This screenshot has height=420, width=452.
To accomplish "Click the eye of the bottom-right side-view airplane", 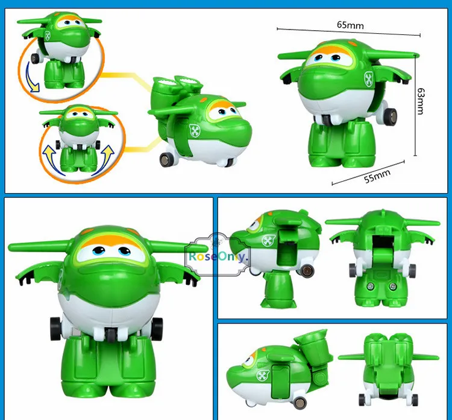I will click(x=248, y=362).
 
